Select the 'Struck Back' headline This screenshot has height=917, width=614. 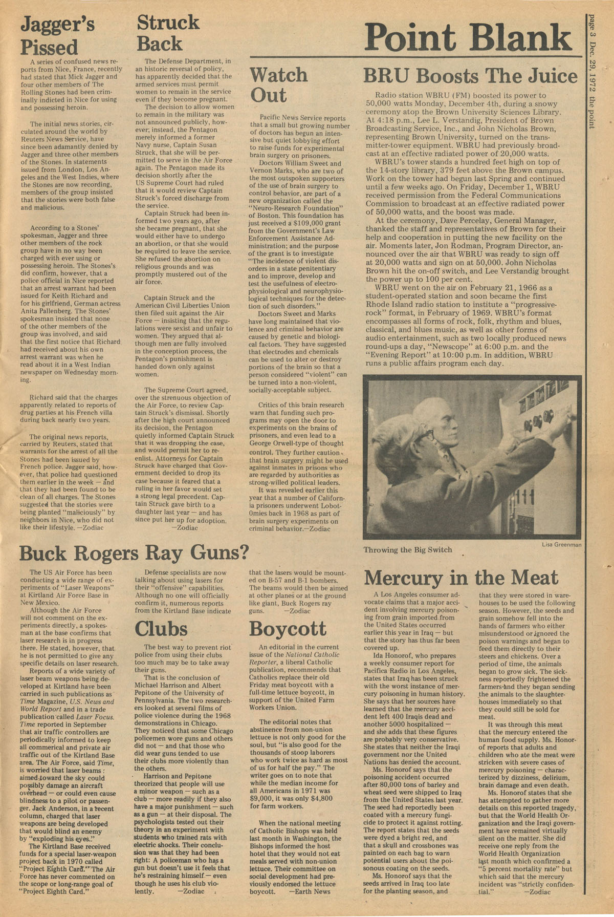coord(168,33)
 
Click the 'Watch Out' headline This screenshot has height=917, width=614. coord(278,85)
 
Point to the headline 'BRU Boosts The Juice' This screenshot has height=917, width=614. coord(470,76)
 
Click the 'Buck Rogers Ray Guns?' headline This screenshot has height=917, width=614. coord(134,553)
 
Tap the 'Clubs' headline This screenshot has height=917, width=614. coord(161,628)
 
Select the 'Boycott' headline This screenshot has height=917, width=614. coord(288,628)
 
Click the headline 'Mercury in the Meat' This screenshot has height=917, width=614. coord(461,578)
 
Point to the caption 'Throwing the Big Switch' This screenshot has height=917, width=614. coord(407,550)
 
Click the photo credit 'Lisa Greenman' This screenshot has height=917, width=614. coord(561,545)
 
